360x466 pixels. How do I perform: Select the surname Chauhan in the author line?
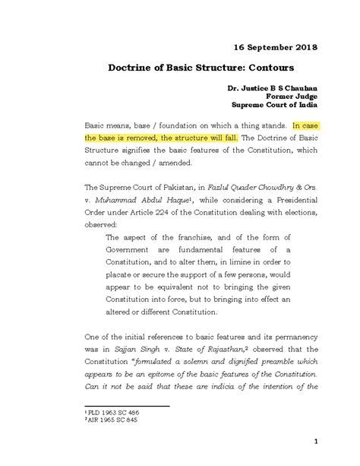(294, 89)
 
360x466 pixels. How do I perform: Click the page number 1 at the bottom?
(326, 443)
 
